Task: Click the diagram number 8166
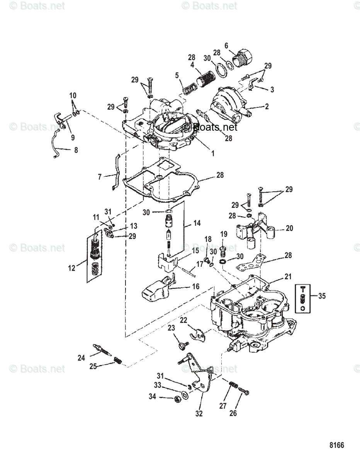point(336,445)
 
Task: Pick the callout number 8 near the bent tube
point(76,150)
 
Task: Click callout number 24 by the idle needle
point(81,358)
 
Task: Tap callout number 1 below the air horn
point(212,153)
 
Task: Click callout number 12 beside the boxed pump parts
point(72,268)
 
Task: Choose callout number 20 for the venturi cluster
point(289,228)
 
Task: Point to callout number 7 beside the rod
point(100,177)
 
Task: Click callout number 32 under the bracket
point(199,413)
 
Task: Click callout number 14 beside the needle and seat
point(197,223)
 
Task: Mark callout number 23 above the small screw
point(172,328)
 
